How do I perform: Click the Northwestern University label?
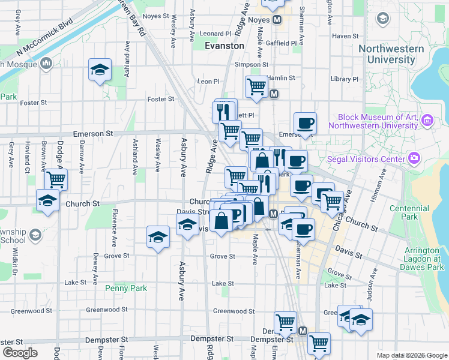pyautogui.click(x=391, y=55)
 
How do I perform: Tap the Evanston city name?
pyautogui.click(x=224, y=46)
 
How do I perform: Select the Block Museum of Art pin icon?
pyautogui.click(x=427, y=121)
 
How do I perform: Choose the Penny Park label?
pyautogui.click(x=126, y=288)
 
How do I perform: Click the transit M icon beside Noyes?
pyautogui.click(x=277, y=20)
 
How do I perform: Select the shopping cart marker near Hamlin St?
pyautogui.click(x=256, y=86)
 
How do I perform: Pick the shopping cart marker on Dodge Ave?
pyautogui.click(x=56, y=178)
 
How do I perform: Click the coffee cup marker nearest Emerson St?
pyautogui.click(x=305, y=123)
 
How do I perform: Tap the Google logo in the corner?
pyautogui.click(x=20, y=353)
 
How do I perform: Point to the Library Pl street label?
pyautogui.click(x=344, y=79)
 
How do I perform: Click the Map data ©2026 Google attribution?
pyautogui.click(x=411, y=355)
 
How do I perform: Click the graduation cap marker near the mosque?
pyautogui.click(x=100, y=70)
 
